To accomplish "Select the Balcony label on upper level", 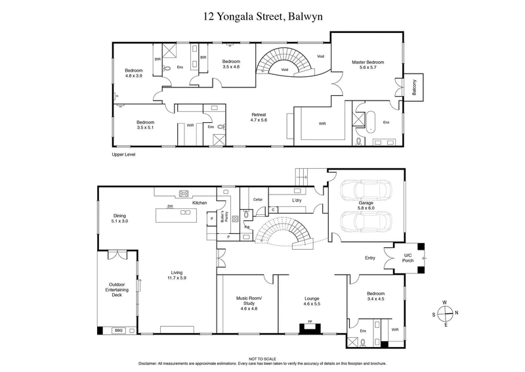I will (415, 88).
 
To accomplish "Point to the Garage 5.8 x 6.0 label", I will (366, 206).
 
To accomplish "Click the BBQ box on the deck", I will (119, 331).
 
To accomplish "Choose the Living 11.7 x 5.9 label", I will (177, 275).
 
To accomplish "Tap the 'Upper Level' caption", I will (125, 154).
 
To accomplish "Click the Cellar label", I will (258, 199).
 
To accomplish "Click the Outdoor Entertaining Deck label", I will (117, 290).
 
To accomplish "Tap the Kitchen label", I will (199, 203).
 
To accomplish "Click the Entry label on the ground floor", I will (370, 258).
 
